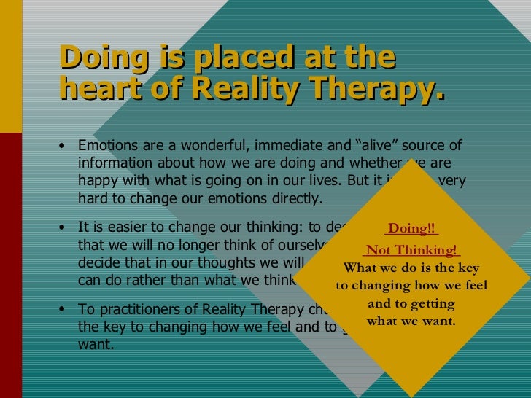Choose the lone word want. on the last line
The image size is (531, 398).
pos(96,344)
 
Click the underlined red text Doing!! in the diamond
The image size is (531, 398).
pos(412,229)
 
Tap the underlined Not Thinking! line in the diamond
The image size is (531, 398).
pos(412,250)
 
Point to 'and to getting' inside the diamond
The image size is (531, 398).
pos(411,303)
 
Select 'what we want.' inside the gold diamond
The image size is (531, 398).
pos(411,320)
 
